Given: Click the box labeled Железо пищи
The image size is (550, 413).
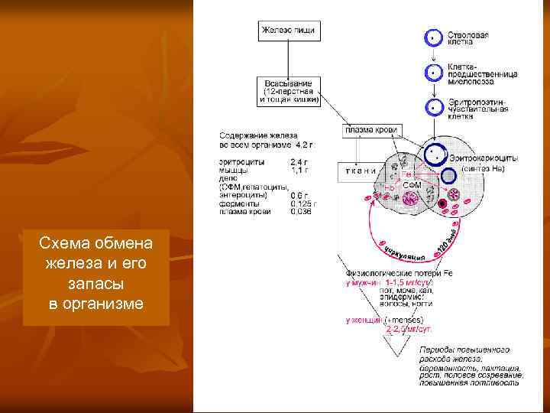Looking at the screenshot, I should [x=288, y=31].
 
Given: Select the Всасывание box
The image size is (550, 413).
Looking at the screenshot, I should [x=288, y=90].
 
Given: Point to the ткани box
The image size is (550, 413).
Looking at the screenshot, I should [x=357, y=171].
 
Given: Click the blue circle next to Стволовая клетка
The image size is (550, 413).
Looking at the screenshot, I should [x=433, y=37].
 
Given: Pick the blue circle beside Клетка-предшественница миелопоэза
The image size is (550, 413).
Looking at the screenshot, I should [x=433, y=73].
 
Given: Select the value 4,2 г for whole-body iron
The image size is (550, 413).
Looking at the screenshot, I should [x=303, y=144].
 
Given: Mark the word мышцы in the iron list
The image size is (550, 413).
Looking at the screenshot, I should [x=232, y=170].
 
